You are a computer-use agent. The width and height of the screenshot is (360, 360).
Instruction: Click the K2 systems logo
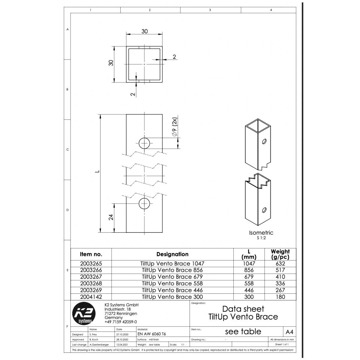pyautogui.click(x=84, y=314)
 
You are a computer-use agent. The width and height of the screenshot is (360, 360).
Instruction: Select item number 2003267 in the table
pyautogui.click(x=91, y=277)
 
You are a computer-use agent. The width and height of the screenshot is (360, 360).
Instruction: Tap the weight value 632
pyautogui.click(x=280, y=263)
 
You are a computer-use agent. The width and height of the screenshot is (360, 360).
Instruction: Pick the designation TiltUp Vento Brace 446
pyautogui.click(x=172, y=290)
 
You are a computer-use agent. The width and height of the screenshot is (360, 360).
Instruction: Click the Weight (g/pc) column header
pyautogui.click(x=280, y=254)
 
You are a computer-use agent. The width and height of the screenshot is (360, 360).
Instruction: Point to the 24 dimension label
pyautogui.click(x=111, y=217)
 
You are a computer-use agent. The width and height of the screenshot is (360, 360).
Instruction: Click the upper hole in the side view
pyautogui.click(x=144, y=143)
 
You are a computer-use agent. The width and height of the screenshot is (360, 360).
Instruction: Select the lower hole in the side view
pyautogui.click(x=144, y=203)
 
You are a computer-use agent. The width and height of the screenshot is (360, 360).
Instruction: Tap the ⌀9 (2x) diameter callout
pyautogui.click(x=175, y=127)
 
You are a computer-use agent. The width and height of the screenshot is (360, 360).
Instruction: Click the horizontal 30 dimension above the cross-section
pyautogui.click(x=145, y=31)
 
